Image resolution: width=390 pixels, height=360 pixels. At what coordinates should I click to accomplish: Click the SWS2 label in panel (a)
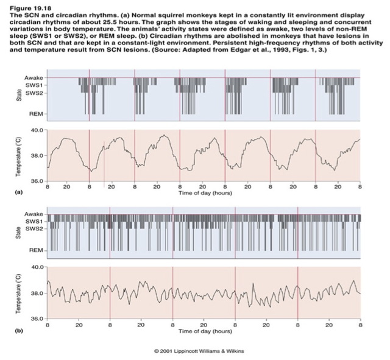[34, 93]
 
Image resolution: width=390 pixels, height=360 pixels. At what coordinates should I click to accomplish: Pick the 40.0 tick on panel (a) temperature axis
[35, 130]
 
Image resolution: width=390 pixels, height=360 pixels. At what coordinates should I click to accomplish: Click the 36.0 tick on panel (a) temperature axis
[35, 182]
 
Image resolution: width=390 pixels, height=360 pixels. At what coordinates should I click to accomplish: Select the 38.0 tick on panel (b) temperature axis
[35, 294]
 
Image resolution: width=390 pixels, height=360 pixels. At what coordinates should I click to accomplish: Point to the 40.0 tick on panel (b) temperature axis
[35, 267]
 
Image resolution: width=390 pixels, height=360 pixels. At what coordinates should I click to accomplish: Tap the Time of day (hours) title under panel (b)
[204, 331]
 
